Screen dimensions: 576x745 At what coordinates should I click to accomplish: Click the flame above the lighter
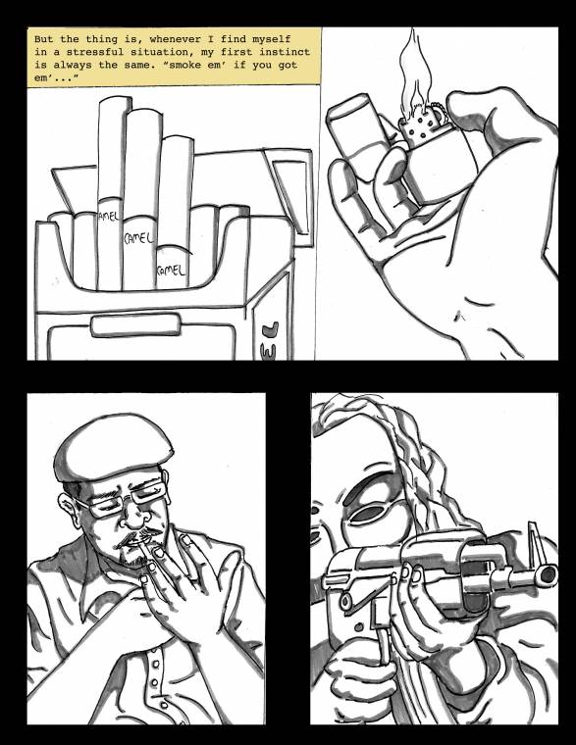[x=415, y=72]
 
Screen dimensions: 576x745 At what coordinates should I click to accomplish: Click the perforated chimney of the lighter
[x=421, y=125]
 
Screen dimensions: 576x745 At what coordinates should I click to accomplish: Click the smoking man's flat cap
[x=113, y=447]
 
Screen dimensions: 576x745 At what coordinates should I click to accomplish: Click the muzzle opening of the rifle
[x=548, y=574]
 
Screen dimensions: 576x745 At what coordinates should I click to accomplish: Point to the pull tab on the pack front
[x=135, y=325]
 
